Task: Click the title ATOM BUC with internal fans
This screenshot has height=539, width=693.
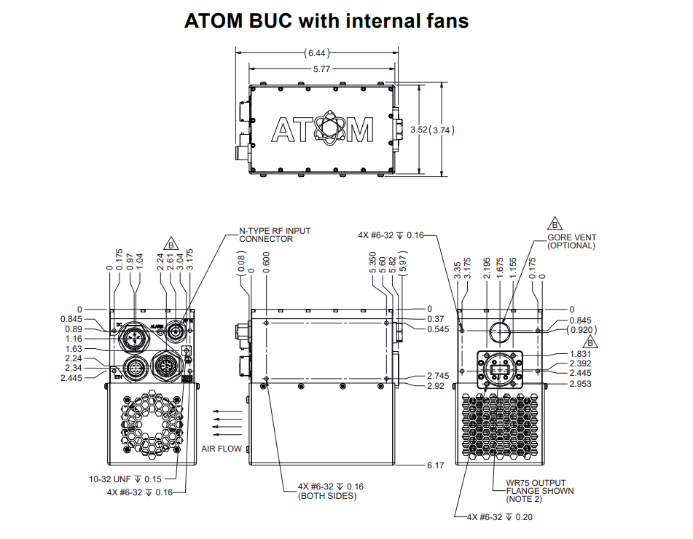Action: (326, 21)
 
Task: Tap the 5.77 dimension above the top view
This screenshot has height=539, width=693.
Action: (321, 69)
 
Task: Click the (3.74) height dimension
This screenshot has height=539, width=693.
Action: (442, 130)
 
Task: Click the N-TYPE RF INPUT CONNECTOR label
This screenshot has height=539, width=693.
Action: (275, 235)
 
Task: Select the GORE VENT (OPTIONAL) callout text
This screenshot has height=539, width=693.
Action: (571, 242)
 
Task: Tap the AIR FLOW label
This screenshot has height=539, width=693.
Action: (222, 449)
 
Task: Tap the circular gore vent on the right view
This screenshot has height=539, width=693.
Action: (500, 331)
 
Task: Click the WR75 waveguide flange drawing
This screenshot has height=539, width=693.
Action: (500, 369)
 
